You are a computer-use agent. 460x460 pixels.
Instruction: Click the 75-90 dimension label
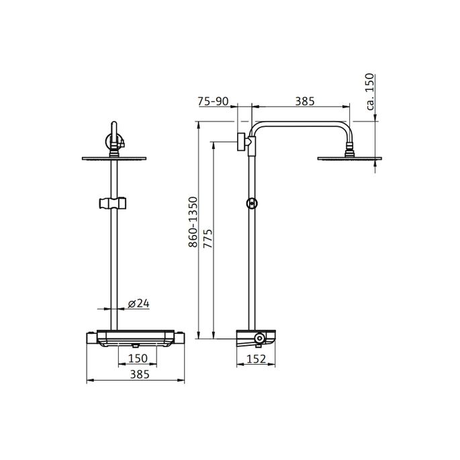coord(214,101)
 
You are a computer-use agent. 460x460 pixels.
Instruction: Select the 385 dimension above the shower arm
coord(304,101)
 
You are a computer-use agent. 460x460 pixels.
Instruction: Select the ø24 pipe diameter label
coord(138,304)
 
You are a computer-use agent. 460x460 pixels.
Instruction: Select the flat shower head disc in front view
coord(115,158)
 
